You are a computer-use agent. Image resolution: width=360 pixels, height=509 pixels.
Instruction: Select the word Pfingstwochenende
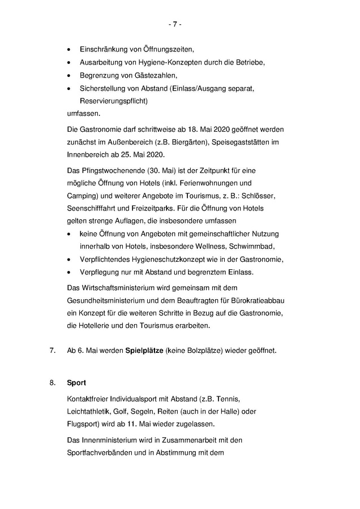click(116, 170)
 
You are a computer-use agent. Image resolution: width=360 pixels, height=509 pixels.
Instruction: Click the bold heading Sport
click(76, 383)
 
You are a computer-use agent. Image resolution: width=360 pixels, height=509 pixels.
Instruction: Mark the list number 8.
click(52, 383)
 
